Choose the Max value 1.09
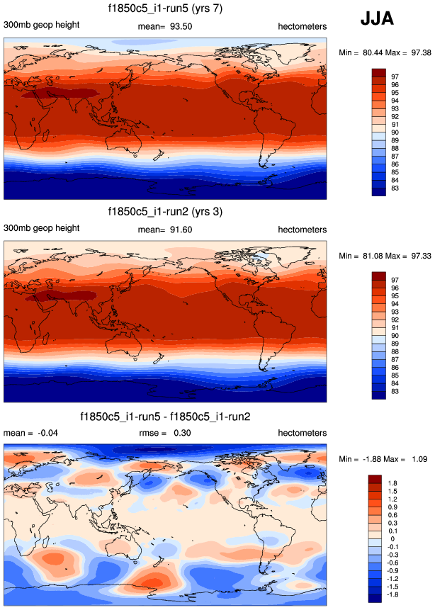[x=414, y=460]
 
